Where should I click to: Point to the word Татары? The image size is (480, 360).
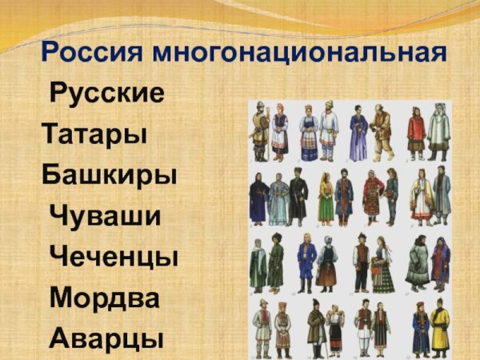pos(94,133)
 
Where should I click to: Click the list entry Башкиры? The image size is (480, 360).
pos(109,174)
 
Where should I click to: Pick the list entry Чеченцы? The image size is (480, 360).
pos(114,257)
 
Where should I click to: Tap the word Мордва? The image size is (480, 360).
pos(104,298)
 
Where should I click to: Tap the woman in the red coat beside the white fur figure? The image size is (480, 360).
pos(415,132)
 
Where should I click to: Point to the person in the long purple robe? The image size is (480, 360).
pos(358,132)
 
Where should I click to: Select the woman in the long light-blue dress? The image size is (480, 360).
pos(278,199)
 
